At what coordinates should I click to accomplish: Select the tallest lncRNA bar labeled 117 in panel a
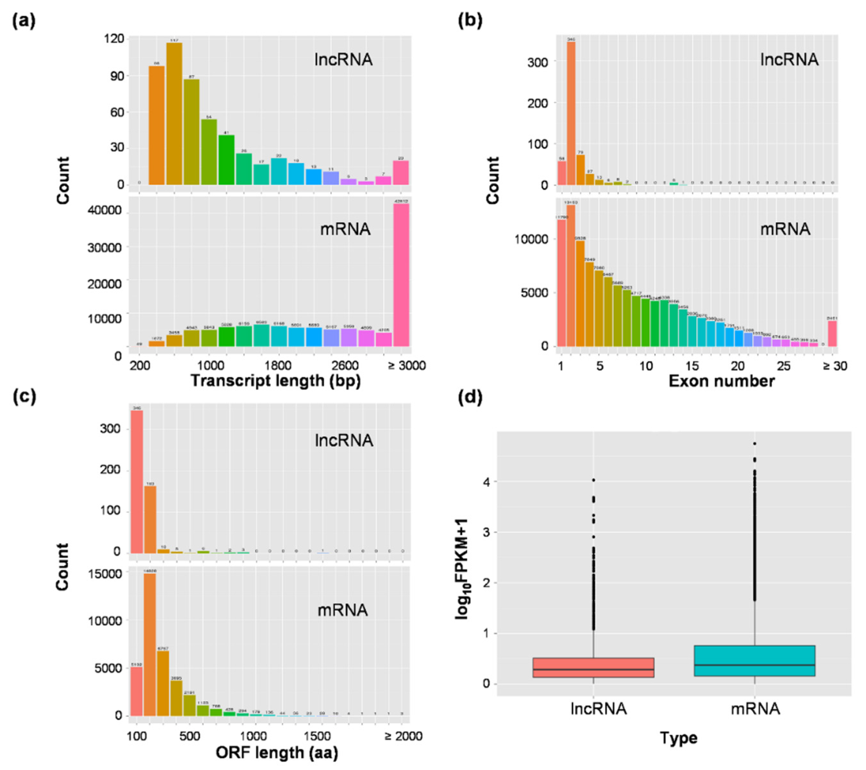[174, 114]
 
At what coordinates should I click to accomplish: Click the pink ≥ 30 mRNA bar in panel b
[832, 334]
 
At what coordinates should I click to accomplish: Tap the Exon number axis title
[721, 381]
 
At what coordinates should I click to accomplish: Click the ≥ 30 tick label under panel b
[835, 366]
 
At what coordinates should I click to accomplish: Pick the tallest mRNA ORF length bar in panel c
[149, 644]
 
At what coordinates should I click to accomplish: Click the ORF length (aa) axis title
[277, 753]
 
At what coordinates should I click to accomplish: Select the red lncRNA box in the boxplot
[593, 667]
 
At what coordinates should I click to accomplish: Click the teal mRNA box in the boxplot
[754, 661]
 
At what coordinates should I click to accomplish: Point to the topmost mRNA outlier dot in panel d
[754, 444]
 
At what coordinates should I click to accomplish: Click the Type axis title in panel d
[678, 738]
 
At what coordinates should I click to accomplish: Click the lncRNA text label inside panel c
[344, 441]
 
